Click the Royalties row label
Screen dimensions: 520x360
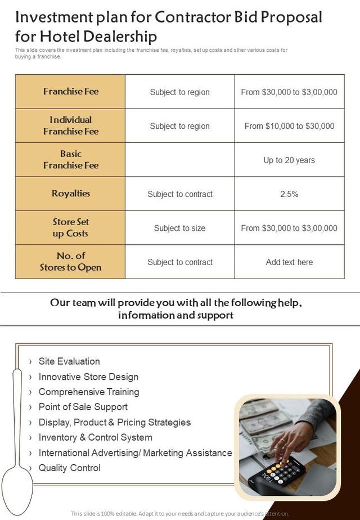(70, 194)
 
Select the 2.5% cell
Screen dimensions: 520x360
(289, 194)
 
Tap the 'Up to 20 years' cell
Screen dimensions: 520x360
(289, 160)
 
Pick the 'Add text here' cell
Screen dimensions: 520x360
(289, 262)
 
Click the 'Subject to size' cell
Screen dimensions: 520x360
(179, 228)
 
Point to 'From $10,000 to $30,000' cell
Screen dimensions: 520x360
(289, 126)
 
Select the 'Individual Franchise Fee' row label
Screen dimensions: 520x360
(70, 125)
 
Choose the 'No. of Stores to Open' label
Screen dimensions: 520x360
(70, 262)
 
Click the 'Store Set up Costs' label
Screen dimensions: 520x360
(70, 228)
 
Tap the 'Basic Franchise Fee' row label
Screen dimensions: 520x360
(70, 160)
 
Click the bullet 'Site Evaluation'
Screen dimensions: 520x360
(69, 361)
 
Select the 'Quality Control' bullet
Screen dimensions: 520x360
(69, 468)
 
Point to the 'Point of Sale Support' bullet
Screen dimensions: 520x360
(83, 407)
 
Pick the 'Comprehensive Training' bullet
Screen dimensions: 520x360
(88, 392)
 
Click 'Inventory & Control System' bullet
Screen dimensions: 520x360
(95, 437)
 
